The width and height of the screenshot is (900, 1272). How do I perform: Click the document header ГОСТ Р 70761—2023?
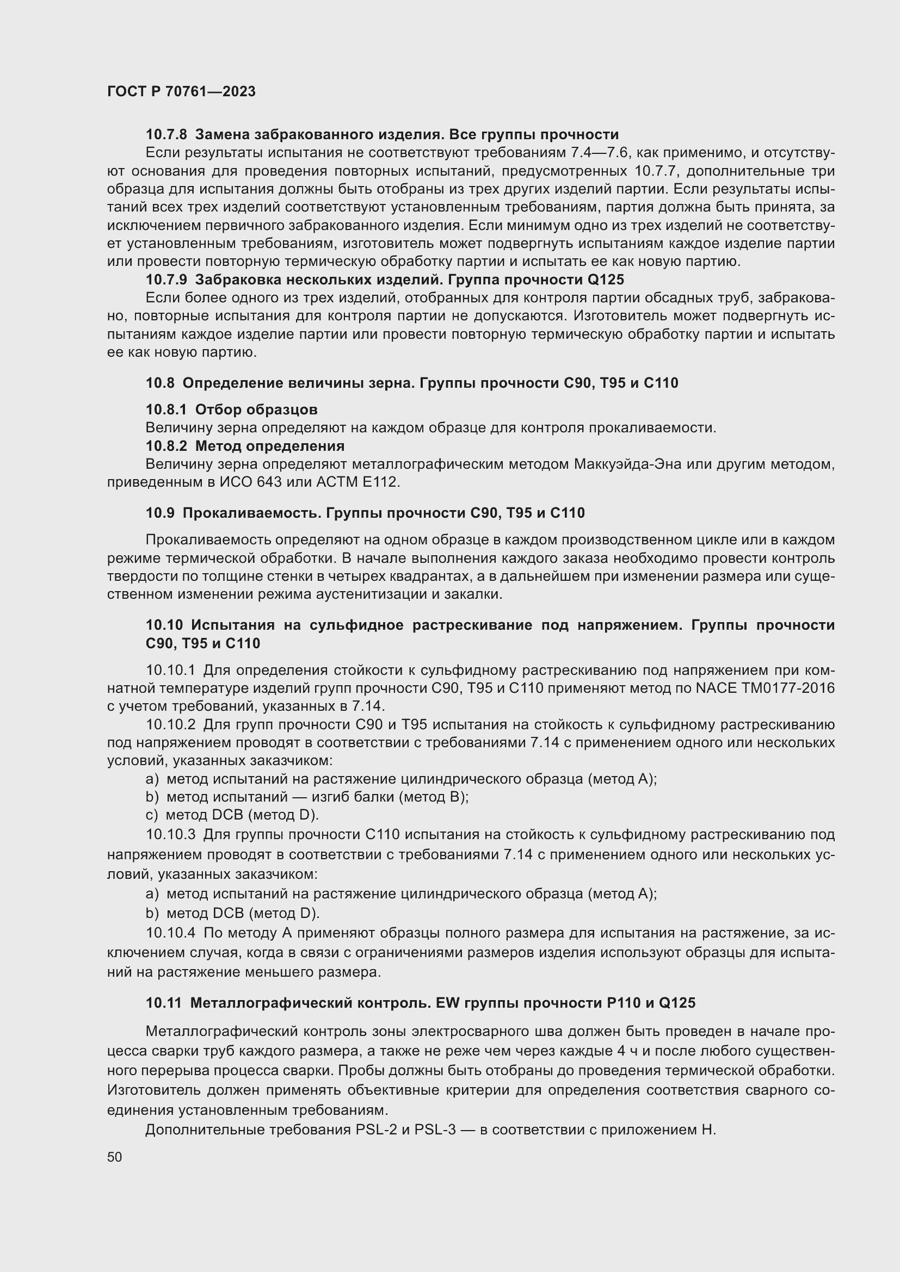click(181, 91)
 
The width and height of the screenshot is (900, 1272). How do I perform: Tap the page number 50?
click(115, 1157)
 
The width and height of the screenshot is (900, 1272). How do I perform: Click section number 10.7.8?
click(167, 135)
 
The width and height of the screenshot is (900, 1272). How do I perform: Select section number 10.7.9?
click(167, 280)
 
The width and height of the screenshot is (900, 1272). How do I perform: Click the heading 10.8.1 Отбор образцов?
click(231, 409)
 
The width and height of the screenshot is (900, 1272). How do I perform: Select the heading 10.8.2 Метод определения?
click(244, 446)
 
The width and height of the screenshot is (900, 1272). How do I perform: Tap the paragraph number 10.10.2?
click(171, 724)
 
